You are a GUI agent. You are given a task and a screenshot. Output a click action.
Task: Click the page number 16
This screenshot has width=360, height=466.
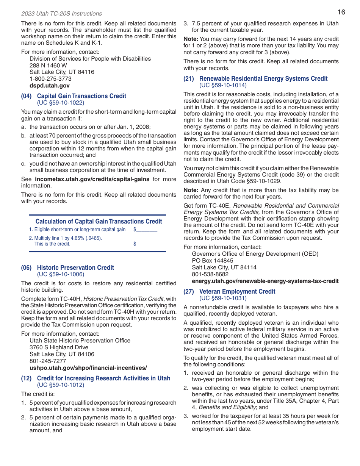point(341,12)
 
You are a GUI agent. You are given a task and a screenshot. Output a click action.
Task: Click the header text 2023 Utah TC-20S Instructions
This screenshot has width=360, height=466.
point(61,14)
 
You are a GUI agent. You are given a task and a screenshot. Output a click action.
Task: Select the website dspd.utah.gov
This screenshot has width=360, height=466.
point(50,86)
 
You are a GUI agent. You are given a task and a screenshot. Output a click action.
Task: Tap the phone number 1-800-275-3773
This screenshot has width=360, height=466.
point(50,79)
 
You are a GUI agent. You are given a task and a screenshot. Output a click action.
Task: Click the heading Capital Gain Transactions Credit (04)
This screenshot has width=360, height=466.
point(81,96)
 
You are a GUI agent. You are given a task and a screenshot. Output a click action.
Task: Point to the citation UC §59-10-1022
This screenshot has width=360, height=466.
point(61,103)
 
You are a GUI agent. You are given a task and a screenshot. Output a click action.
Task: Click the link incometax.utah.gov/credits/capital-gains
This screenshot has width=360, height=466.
point(92,179)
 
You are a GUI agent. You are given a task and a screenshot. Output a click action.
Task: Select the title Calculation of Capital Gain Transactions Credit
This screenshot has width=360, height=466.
point(99,221)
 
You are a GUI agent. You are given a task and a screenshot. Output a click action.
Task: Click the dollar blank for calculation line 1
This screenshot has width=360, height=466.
point(146,230)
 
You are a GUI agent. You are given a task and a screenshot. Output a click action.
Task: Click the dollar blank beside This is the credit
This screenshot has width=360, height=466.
point(146,244)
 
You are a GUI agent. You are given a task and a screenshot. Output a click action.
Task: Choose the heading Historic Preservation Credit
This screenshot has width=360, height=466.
point(75,267)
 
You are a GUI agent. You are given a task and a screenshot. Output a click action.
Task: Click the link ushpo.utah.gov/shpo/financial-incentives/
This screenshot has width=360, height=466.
point(88,368)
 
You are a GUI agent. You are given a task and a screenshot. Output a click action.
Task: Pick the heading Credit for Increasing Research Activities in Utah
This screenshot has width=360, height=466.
point(103,378)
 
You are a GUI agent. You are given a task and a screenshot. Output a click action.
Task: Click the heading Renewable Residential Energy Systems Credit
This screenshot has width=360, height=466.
point(263,78)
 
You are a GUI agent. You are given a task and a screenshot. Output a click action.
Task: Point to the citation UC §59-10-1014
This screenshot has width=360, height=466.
point(223,85)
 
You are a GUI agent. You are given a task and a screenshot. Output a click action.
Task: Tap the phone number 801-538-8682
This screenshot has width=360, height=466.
point(210,274)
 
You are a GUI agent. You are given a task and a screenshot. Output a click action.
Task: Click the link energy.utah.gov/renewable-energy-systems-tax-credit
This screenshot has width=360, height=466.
point(265,281)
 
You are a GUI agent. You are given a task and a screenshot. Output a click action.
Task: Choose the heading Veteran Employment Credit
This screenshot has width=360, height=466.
point(237,291)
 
